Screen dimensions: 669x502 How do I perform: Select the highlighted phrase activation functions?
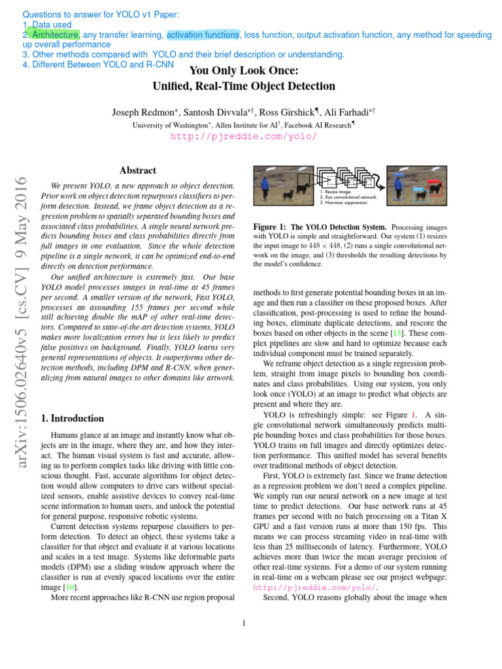point(203,34)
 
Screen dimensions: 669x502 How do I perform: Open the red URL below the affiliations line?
point(244,136)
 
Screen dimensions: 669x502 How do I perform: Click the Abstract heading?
point(138,171)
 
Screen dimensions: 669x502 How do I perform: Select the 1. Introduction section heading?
point(72,418)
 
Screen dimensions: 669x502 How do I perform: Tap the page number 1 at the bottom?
point(244,623)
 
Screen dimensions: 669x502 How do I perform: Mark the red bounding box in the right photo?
point(433,190)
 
